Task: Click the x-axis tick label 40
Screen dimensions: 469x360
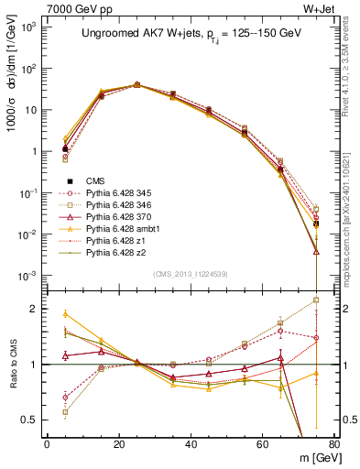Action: coord(191,444)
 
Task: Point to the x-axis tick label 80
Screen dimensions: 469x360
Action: coord(334,444)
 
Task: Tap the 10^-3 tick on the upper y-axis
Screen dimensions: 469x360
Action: coord(30,276)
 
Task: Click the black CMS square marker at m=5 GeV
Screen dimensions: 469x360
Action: coord(65,148)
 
